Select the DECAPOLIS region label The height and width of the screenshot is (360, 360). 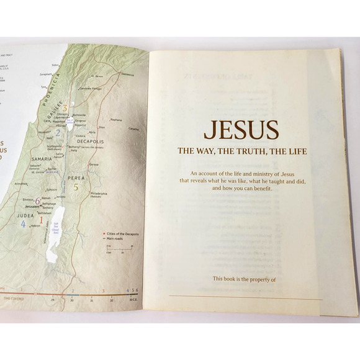[x=91, y=141]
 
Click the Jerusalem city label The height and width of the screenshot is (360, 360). [x=26, y=206]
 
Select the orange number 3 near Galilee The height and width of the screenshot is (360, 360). [x=65, y=109]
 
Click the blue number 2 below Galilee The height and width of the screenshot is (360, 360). [x=57, y=132]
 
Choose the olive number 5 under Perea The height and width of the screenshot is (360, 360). [x=76, y=187]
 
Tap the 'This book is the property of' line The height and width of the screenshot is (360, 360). [x=243, y=279]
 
